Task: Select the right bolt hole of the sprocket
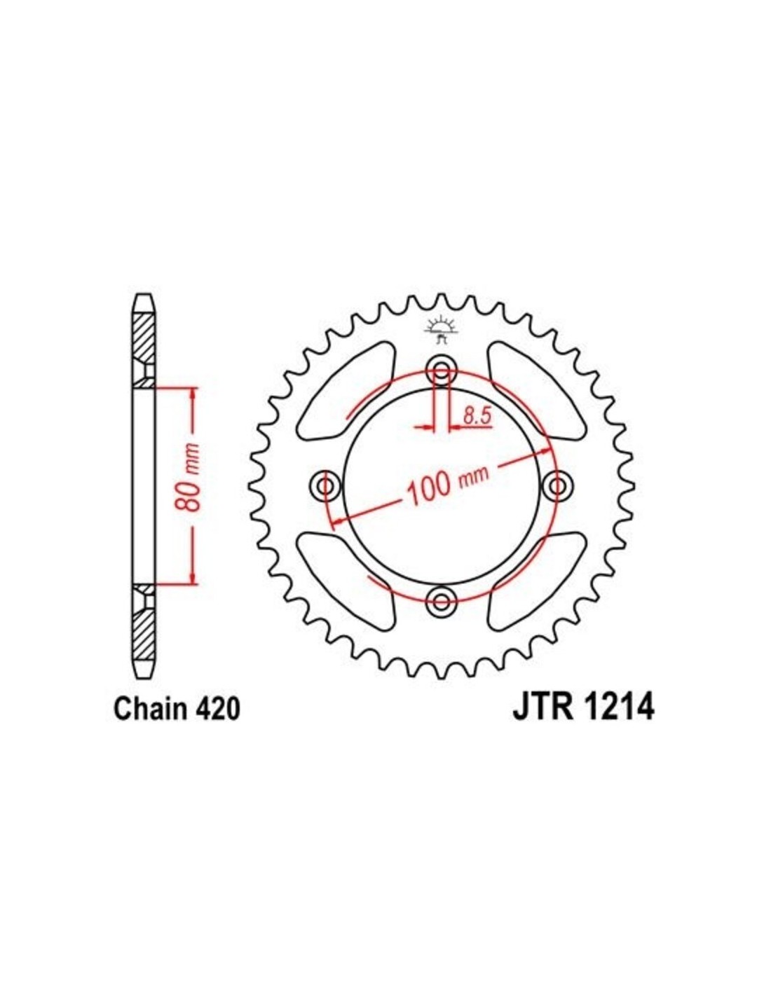(557, 485)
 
